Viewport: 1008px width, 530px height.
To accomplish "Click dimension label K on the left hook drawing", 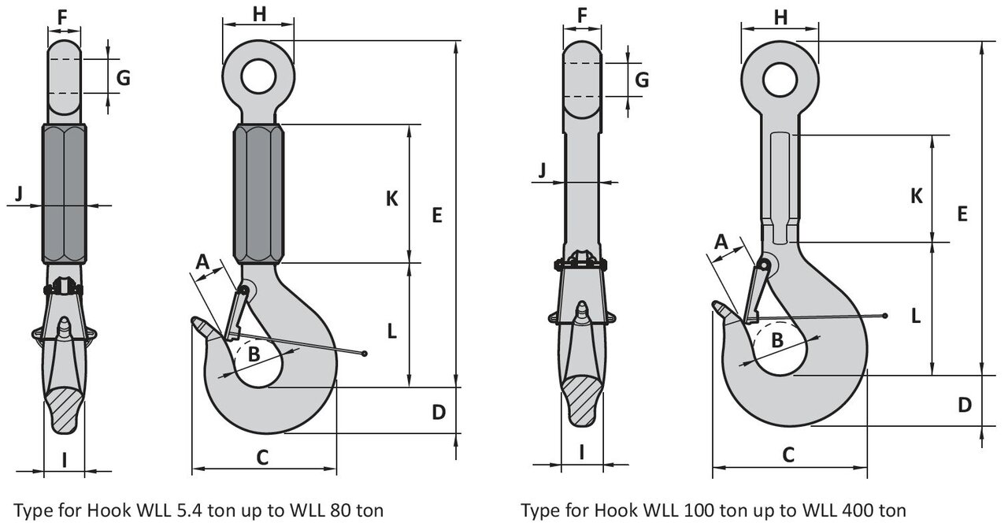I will [392, 199].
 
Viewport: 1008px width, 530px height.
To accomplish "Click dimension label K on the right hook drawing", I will [916, 196].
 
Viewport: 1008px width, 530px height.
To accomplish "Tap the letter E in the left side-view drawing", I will [438, 213].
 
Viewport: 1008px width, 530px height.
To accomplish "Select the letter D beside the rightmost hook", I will [965, 405].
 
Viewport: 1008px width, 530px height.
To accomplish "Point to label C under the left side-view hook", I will [263, 455].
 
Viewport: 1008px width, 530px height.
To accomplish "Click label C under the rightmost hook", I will [787, 454].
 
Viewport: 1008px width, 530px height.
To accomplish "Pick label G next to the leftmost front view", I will [123, 77].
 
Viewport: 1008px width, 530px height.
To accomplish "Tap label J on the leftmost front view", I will [20, 191].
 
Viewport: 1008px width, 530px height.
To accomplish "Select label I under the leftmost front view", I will [64, 459].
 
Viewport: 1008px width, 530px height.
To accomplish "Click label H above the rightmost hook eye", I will [780, 17].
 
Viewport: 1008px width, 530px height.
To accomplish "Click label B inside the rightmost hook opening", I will [776, 340].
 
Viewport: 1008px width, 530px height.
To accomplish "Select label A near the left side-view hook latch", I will [203, 261].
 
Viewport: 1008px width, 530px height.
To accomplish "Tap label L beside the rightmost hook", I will [916, 316].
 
